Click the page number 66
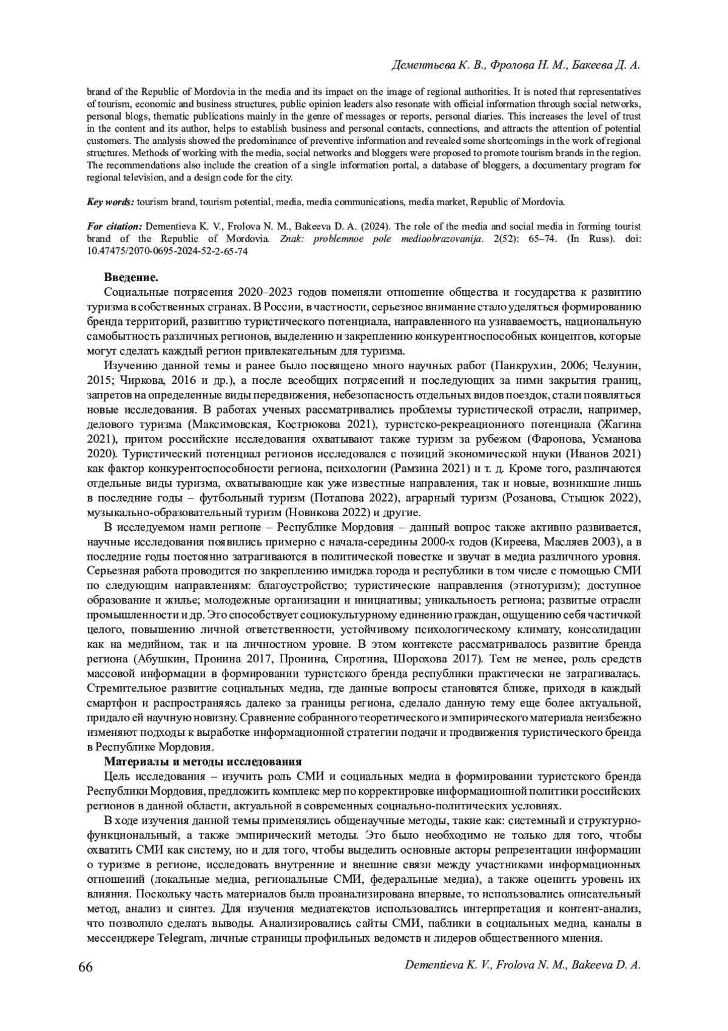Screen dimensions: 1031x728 coord(86,967)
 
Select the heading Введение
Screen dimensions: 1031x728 coord(131,277)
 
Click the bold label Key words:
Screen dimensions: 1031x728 coord(110,201)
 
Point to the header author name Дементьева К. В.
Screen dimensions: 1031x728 coord(439,65)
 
